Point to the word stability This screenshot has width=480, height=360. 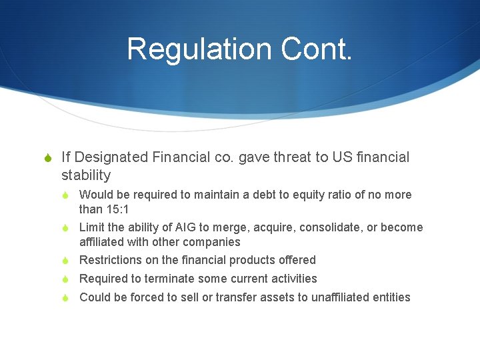[x=86, y=175]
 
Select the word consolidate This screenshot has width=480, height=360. [x=324, y=227]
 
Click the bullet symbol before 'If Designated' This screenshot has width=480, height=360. [x=46, y=158]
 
